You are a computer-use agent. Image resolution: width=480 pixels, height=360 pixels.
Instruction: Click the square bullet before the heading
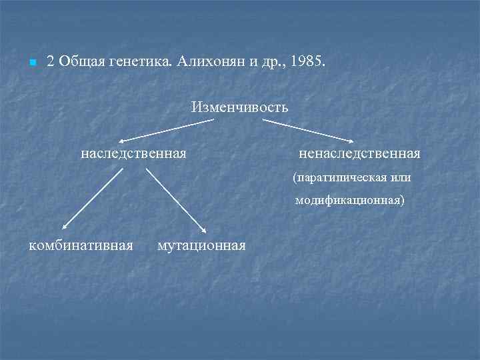(32, 63)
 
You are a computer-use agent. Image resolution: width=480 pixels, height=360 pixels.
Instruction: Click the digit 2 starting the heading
(50, 61)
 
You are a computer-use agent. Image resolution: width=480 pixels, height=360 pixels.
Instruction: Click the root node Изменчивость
(239, 107)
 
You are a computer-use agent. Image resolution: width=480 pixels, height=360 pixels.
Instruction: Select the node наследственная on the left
(133, 154)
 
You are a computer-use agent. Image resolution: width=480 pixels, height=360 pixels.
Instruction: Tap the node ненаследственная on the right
(359, 154)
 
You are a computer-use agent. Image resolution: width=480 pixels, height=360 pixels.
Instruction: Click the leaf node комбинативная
(81, 245)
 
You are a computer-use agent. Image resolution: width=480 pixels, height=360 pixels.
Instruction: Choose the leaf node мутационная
(201, 245)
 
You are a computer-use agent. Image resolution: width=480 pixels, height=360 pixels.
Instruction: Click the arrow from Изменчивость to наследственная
(167, 131)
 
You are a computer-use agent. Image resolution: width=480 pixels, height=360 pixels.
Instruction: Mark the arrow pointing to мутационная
(176, 200)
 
